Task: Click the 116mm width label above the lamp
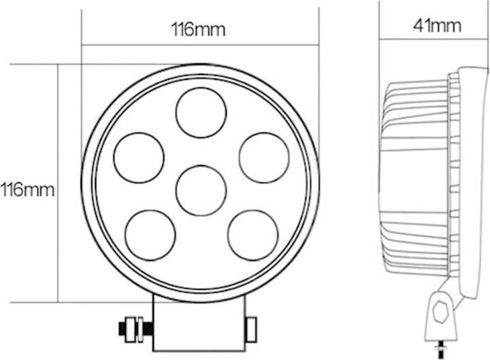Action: pos(198,29)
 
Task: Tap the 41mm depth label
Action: pos(436,27)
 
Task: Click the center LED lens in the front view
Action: pos(201,190)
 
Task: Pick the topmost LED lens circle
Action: pos(201,112)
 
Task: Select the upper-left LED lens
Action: pos(139,158)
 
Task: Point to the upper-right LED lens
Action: pos(264,158)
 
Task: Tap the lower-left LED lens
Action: pos(150,235)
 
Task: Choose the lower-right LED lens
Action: pos(252,235)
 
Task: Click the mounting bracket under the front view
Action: pos(198,325)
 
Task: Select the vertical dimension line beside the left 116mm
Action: pos(59,184)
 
